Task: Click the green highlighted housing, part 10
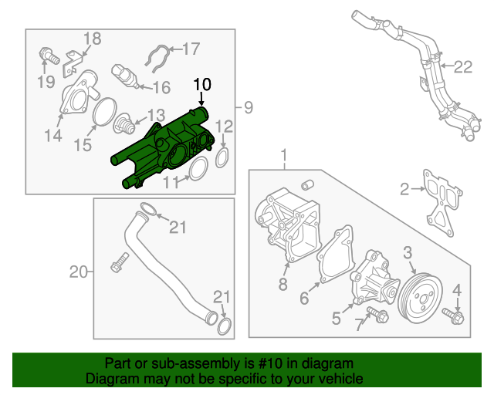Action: coord(166,143)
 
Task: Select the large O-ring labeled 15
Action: coord(100,114)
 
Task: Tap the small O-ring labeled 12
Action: coord(222,157)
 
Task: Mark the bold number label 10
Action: coord(201,83)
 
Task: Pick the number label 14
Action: coord(52,137)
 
